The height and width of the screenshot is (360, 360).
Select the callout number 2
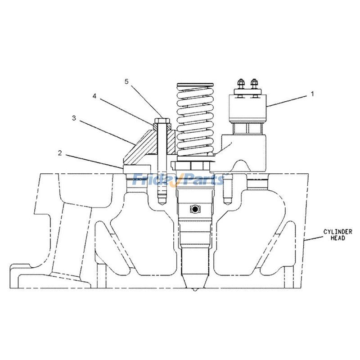point(60,153)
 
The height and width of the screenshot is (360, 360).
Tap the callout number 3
point(73,118)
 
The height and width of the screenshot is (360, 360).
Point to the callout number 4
point(94,96)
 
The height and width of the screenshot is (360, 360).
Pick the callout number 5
point(126,81)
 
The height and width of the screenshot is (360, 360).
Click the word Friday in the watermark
point(152,180)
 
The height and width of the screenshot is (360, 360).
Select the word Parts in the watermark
point(202,180)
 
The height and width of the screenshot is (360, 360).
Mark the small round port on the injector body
point(195,209)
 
